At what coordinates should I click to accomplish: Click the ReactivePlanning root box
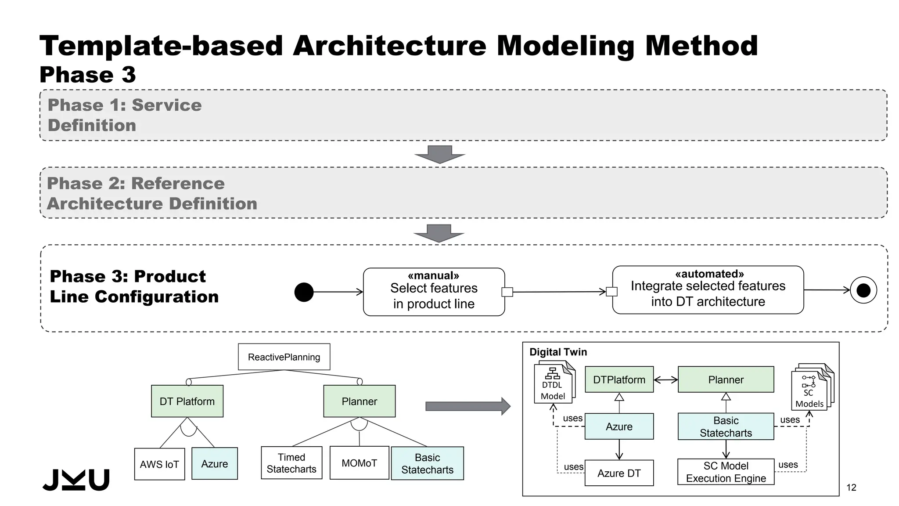click(284, 357)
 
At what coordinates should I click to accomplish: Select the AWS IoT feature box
click(159, 464)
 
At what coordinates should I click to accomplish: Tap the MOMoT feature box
click(359, 463)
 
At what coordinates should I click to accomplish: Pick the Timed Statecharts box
click(291, 463)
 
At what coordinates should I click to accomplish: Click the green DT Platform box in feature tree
click(187, 401)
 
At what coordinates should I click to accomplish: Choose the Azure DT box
click(619, 473)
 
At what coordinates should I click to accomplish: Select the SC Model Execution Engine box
click(726, 472)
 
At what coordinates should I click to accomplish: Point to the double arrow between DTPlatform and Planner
click(665, 380)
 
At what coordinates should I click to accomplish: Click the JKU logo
click(76, 480)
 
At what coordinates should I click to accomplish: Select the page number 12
click(851, 487)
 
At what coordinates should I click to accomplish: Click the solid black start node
click(304, 292)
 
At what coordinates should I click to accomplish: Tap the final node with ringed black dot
click(863, 290)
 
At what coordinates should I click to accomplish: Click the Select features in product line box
click(434, 292)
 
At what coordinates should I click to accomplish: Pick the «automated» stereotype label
click(709, 274)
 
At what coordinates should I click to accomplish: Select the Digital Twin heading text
click(558, 352)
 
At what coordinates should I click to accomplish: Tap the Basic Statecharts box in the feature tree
click(427, 463)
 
